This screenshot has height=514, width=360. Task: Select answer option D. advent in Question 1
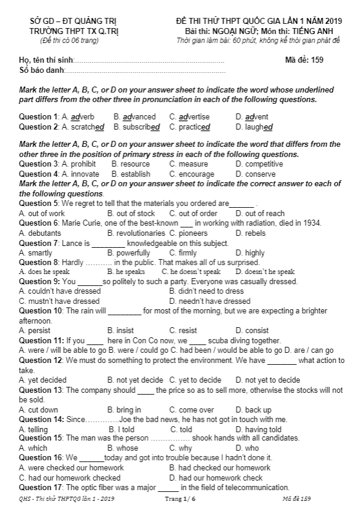[252, 116]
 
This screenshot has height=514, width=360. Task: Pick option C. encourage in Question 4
[191, 174]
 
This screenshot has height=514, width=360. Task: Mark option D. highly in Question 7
[250, 253]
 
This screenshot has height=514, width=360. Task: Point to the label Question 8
[38, 262]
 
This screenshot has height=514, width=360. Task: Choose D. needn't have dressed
[210, 301]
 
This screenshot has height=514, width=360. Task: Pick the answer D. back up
[253, 410]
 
